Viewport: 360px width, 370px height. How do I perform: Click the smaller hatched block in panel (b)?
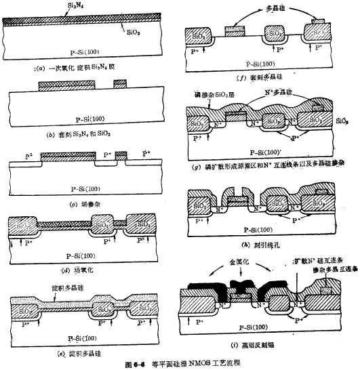pyautogui.click(x=121, y=84)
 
